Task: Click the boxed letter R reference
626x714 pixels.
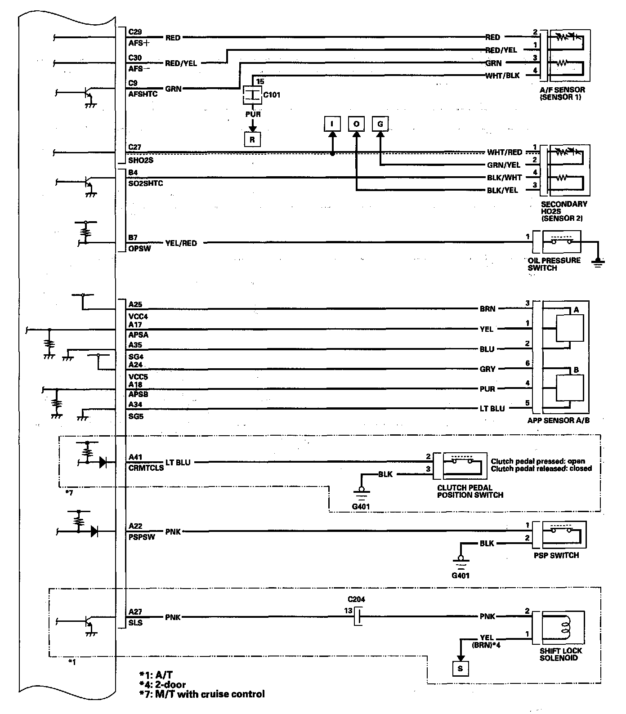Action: (x=252, y=139)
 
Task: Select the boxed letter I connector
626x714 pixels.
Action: (x=332, y=124)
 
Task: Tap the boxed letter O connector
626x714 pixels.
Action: (x=356, y=124)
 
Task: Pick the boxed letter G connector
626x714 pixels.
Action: (x=380, y=124)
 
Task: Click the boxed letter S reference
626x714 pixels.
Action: (x=460, y=669)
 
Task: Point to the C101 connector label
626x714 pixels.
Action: (x=271, y=95)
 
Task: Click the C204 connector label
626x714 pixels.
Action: (x=356, y=599)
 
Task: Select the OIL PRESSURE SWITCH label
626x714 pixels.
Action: (x=554, y=264)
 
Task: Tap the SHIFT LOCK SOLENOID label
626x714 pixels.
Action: (x=561, y=654)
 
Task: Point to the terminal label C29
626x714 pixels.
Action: (x=135, y=32)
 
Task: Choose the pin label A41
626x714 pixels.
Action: (x=135, y=457)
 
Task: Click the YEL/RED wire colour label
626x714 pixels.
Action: (x=181, y=243)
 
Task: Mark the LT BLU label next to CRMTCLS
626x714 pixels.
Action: (x=178, y=462)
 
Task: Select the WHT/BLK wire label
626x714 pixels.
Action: (x=502, y=76)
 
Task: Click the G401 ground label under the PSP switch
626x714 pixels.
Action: (x=460, y=575)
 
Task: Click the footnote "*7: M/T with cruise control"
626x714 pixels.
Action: (x=202, y=694)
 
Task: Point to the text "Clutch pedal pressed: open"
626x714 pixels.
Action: (x=538, y=461)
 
